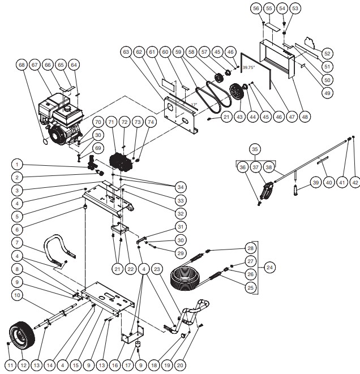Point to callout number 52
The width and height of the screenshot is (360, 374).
click(326, 53)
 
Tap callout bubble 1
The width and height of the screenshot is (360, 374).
click(19, 165)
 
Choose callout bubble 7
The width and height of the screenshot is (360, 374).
click(19, 243)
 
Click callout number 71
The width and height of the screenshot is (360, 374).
click(112, 122)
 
